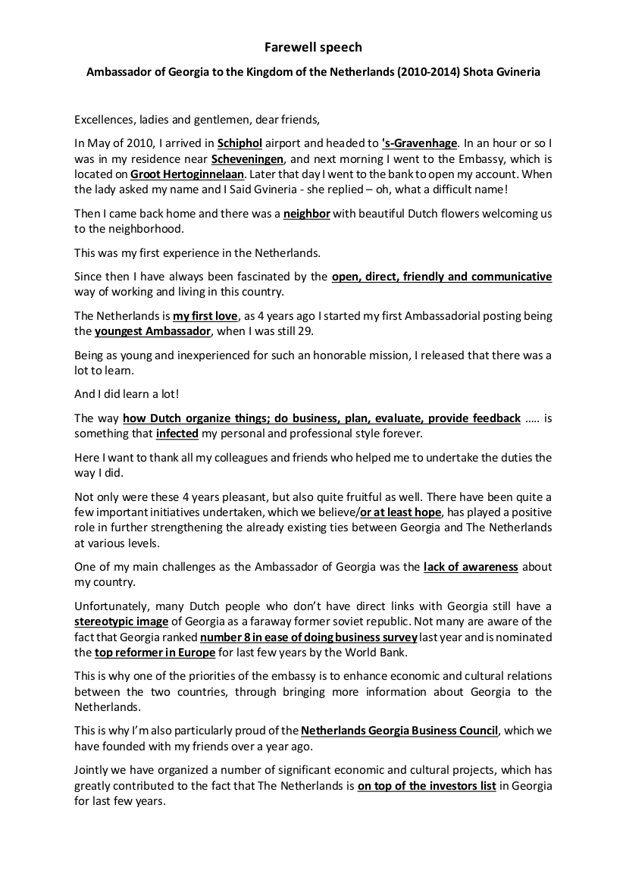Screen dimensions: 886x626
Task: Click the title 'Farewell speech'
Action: click(313, 47)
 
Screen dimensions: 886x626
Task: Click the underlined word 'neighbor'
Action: click(307, 214)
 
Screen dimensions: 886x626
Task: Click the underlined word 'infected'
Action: click(177, 434)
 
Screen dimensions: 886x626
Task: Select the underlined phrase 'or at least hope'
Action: click(401, 512)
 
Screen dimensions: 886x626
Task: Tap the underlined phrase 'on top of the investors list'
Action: click(427, 786)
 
